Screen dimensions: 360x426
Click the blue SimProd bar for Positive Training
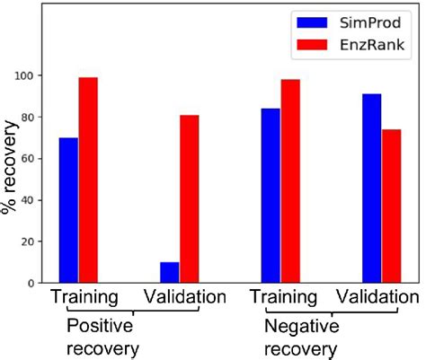tap(68, 210)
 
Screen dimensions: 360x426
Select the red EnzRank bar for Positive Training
tap(88, 180)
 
